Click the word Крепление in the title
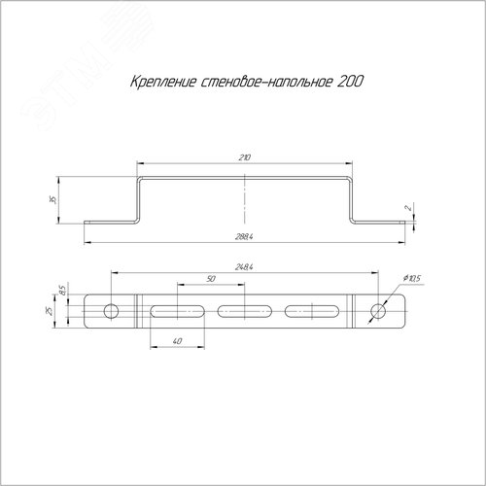(x=163, y=82)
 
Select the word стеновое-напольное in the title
(x=267, y=82)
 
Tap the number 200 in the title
(x=350, y=82)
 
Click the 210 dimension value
(x=245, y=157)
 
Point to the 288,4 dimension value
(x=244, y=237)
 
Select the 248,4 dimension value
(x=244, y=267)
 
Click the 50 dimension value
(x=211, y=279)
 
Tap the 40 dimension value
(x=177, y=341)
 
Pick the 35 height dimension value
(x=54, y=199)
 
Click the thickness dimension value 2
(x=409, y=208)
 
